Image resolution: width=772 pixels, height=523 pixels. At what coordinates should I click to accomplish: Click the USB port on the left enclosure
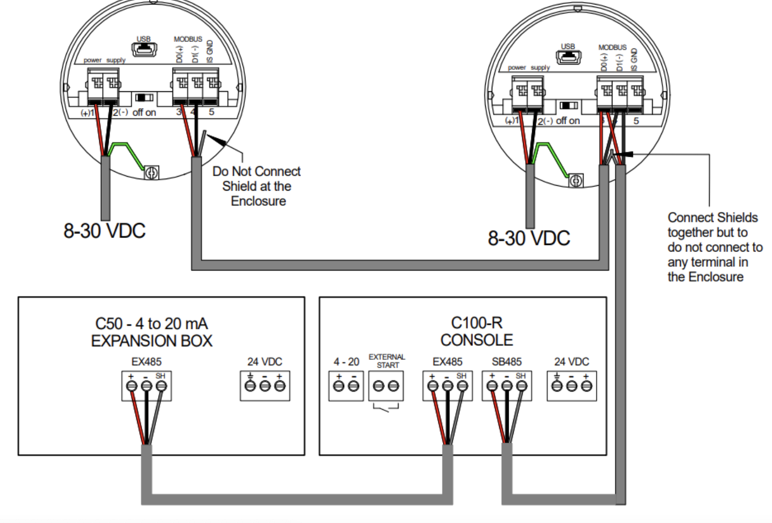pyautogui.click(x=144, y=49)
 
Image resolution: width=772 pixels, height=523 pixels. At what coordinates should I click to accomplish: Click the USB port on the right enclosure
pyautogui.click(x=569, y=56)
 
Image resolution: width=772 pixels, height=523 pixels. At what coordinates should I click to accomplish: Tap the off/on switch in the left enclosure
pyautogui.click(x=145, y=97)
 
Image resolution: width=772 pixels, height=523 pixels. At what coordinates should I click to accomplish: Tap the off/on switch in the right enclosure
pyautogui.click(x=569, y=105)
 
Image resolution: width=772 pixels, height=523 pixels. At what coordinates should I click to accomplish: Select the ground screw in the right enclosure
pyautogui.click(x=576, y=181)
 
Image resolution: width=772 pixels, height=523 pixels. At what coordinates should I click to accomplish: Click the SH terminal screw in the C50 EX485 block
pyautogui.click(x=161, y=386)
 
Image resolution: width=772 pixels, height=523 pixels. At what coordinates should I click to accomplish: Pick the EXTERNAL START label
pyautogui.click(x=387, y=361)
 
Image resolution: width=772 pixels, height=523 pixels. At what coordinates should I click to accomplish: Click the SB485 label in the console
pyautogui.click(x=506, y=361)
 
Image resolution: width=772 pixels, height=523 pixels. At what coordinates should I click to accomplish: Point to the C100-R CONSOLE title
pyautogui.click(x=476, y=331)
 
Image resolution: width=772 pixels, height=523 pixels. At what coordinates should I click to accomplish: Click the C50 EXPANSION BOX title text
pyautogui.click(x=152, y=332)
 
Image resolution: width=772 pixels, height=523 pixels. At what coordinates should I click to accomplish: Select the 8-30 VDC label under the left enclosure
pyautogui.click(x=104, y=231)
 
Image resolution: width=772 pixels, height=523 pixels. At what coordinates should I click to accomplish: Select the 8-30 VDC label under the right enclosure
pyautogui.click(x=529, y=239)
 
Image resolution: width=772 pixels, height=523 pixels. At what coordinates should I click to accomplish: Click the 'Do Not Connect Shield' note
pyautogui.click(x=257, y=186)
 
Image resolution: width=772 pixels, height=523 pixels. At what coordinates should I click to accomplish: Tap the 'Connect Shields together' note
pyautogui.click(x=713, y=247)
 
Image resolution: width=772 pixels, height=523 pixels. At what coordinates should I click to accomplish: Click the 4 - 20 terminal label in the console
pyautogui.click(x=346, y=361)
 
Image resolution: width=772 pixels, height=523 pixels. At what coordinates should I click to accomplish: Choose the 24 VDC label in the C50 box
pyautogui.click(x=264, y=361)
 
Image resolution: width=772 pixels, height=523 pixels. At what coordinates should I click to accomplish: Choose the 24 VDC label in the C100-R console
pyautogui.click(x=572, y=361)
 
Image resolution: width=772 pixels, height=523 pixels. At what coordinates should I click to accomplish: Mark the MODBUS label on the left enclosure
pyautogui.click(x=188, y=39)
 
